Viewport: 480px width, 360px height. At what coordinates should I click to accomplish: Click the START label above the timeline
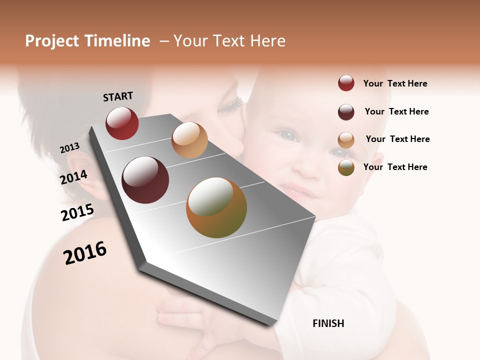pos(118,96)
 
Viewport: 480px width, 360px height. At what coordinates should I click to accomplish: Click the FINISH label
pos(328,323)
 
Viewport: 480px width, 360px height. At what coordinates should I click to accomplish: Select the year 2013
pos(69,148)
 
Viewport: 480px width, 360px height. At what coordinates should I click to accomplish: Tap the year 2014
pos(74,177)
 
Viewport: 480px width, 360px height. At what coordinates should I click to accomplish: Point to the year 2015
pos(77,212)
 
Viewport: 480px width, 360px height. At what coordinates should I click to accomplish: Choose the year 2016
pos(85,253)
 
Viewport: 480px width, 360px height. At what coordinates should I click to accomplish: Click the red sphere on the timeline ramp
pos(122,123)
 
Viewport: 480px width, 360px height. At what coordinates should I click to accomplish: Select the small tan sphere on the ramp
pos(189,140)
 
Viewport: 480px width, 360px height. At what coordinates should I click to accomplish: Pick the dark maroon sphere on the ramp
pos(145,180)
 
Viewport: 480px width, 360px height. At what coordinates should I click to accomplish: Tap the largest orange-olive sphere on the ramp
pos(216,207)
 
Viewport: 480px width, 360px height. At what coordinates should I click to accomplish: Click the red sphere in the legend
pos(346,83)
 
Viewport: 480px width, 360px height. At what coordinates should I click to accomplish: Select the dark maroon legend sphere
pos(346,112)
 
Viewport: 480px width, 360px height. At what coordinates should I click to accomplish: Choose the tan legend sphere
pos(346,140)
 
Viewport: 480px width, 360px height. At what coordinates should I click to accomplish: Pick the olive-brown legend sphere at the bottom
pos(346,167)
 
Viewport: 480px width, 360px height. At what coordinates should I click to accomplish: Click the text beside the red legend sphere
pos(395,84)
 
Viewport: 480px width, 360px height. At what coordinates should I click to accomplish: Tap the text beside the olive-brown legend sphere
pos(395,167)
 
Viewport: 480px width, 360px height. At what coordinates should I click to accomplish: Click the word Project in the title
pos(52,41)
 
